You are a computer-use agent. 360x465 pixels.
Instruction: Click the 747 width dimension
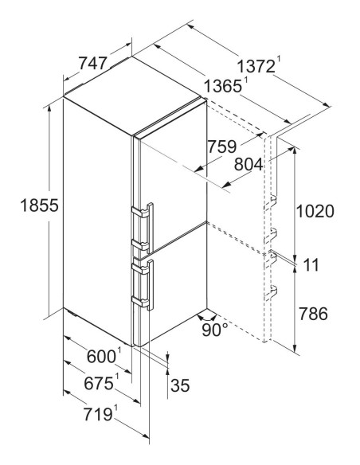[x=92, y=64]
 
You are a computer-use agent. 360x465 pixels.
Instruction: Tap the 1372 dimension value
[x=256, y=67]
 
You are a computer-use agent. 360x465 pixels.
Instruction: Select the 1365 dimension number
[x=223, y=87]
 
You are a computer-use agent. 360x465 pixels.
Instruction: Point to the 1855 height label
[x=39, y=205]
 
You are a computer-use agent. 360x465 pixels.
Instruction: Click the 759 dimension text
[x=222, y=147]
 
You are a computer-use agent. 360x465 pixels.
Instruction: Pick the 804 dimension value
[x=248, y=164]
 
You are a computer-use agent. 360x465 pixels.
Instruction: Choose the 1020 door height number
[x=315, y=212]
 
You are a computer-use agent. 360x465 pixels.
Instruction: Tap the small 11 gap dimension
[x=311, y=265]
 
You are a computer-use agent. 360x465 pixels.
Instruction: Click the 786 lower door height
[x=313, y=314]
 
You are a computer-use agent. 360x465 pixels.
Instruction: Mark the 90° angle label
[x=215, y=330]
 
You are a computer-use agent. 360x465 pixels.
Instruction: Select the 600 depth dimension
[x=101, y=357]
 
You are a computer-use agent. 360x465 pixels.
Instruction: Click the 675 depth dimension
[x=99, y=384]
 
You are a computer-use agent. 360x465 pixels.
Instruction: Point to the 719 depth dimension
[x=98, y=414]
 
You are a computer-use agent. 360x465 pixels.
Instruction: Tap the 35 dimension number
[x=180, y=385]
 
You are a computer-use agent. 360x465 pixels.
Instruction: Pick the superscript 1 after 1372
[x=278, y=60]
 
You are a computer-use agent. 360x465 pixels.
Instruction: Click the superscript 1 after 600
[x=119, y=350]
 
